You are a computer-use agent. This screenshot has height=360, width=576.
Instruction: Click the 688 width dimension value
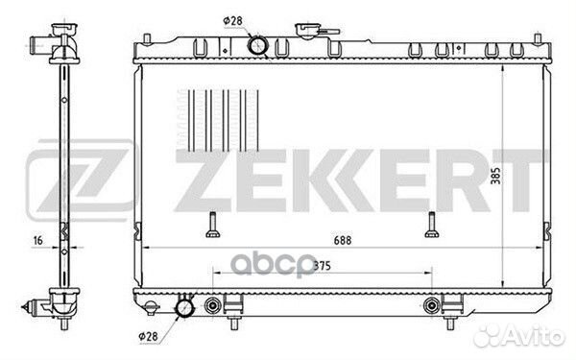pos(343,240)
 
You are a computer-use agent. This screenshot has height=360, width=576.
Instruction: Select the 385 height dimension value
pos(495,176)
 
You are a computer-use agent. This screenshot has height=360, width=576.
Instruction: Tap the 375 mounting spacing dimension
pos(323,266)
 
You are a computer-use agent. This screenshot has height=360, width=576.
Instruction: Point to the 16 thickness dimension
pos(37,241)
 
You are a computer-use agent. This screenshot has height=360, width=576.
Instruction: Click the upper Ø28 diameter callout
pos(233,21)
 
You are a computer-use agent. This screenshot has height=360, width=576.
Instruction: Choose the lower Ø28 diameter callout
pos(148,336)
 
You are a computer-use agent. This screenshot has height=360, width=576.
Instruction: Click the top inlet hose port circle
pos(258,45)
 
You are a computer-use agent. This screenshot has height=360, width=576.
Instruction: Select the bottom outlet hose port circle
pos(184,307)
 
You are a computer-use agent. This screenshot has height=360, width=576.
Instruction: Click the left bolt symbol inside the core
pos(213,225)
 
